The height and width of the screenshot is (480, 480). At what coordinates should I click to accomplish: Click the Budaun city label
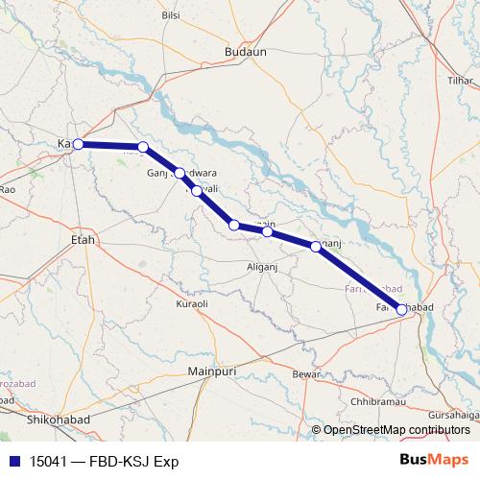(245, 53)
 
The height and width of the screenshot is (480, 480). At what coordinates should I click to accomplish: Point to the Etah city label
(84, 239)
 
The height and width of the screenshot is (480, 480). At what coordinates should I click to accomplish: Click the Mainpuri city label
(212, 370)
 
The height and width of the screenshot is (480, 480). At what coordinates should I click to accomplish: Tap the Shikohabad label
(60, 419)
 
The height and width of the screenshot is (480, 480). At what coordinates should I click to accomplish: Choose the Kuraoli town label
(192, 303)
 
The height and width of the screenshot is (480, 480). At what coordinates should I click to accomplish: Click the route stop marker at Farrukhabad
(401, 309)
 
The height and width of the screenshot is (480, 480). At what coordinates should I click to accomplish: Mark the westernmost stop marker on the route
(78, 144)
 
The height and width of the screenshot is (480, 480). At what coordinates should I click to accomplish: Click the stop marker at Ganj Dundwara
(180, 173)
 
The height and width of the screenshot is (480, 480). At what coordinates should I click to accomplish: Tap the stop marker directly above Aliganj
(268, 231)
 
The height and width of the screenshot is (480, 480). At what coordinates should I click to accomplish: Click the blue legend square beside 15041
(14, 461)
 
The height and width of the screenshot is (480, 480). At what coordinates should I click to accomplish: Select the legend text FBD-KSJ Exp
(127, 461)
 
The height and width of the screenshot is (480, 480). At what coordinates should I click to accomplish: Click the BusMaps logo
(433, 460)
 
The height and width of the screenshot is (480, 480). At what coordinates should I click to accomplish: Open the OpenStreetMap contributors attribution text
(396, 429)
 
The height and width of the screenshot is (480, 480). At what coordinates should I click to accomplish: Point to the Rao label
(8, 190)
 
